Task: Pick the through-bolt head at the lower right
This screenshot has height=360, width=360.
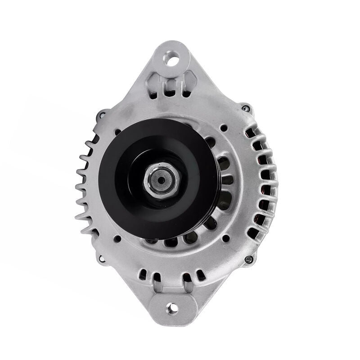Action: [x=248, y=259]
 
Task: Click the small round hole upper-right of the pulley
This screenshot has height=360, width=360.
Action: [x=223, y=129]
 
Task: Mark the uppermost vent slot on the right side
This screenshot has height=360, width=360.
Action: [x=250, y=133]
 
